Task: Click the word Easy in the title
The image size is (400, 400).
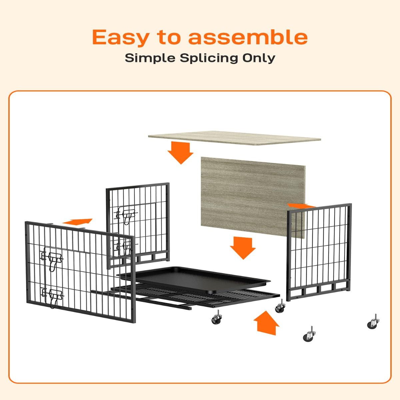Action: pos(121,37)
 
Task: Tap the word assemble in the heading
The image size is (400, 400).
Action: pos(248,37)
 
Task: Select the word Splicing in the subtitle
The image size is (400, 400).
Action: pos(209,59)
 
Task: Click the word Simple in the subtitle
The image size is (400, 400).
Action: pos(150,58)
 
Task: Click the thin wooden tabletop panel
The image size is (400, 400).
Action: pos(234,138)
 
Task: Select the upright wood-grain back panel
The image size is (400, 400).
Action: pos(253,197)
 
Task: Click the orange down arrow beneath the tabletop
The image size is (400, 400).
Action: pos(181,153)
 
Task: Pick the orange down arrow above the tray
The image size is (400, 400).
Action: pos(243,248)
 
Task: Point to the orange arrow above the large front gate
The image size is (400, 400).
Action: pos(77,222)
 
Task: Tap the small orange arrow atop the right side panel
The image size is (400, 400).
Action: pos(301,206)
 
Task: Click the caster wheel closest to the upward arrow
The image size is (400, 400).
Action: pos(280,306)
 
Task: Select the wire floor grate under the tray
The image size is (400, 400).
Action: pos(195,295)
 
